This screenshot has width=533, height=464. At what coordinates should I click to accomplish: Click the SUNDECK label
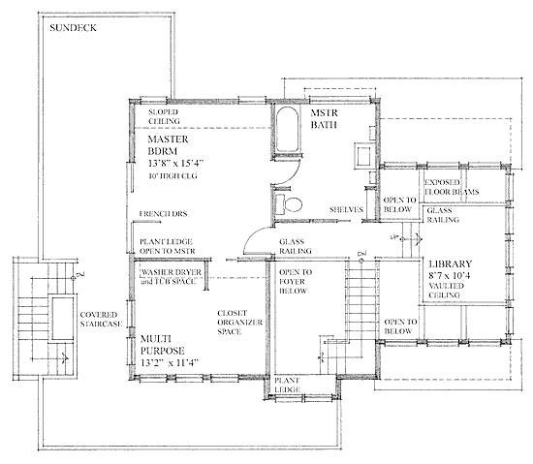[x=73, y=28]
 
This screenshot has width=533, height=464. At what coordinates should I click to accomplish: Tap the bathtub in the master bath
[x=287, y=130]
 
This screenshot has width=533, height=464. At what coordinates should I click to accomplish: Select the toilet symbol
[x=288, y=204]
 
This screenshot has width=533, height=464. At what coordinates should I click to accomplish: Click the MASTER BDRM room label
[x=168, y=145]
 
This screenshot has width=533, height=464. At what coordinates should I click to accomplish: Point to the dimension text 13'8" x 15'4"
[x=175, y=164]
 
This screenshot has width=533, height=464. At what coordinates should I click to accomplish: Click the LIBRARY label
[x=451, y=263]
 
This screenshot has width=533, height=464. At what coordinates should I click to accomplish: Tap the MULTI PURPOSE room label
[x=163, y=345]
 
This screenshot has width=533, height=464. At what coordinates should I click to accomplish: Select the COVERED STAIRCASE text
[x=101, y=320]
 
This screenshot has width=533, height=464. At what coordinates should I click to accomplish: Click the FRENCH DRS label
[x=163, y=214]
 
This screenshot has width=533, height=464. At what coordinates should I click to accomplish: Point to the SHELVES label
[x=346, y=210]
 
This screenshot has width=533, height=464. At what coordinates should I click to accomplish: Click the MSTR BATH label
[x=324, y=119]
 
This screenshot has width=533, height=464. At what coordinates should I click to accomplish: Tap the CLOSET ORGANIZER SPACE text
[x=239, y=323]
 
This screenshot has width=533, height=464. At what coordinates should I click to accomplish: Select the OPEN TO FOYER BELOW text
[x=296, y=282]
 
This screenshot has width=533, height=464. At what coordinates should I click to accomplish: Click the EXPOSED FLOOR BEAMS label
[x=452, y=187]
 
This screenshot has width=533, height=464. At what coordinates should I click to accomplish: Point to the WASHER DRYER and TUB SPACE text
[x=171, y=277]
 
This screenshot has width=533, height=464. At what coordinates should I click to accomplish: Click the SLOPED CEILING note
[x=164, y=116]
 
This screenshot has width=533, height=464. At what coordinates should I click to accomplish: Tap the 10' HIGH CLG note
[x=172, y=176]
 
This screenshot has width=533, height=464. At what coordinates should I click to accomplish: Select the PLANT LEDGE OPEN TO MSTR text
[x=168, y=247]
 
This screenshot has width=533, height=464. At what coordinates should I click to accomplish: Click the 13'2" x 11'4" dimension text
[x=170, y=363]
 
